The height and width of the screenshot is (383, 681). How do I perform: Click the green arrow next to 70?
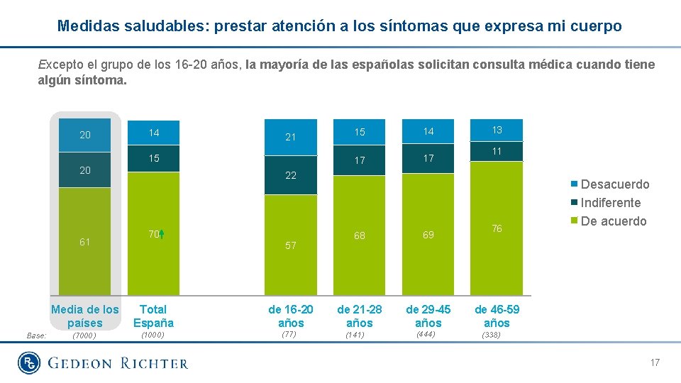click(162, 234)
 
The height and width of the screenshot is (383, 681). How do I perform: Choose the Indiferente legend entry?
click(610, 203)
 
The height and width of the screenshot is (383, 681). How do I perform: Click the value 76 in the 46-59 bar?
click(497, 228)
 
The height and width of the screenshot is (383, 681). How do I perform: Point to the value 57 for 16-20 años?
click(290, 245)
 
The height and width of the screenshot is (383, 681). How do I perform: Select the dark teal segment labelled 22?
click(290, 175)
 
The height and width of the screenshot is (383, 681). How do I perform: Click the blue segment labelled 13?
click(497, 130)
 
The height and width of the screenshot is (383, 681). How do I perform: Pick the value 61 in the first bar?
click(84, 242)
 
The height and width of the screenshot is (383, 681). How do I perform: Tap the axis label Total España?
click(153, 316)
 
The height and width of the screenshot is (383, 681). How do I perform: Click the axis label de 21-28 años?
click(359, 316)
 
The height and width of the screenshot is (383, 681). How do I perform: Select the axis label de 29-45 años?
click(428, 316)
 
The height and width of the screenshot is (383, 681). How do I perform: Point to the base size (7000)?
click(84, 335)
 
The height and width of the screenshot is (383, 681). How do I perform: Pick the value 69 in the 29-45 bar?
click(428, 235)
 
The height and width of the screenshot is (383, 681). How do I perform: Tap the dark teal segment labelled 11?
click(497, 151)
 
